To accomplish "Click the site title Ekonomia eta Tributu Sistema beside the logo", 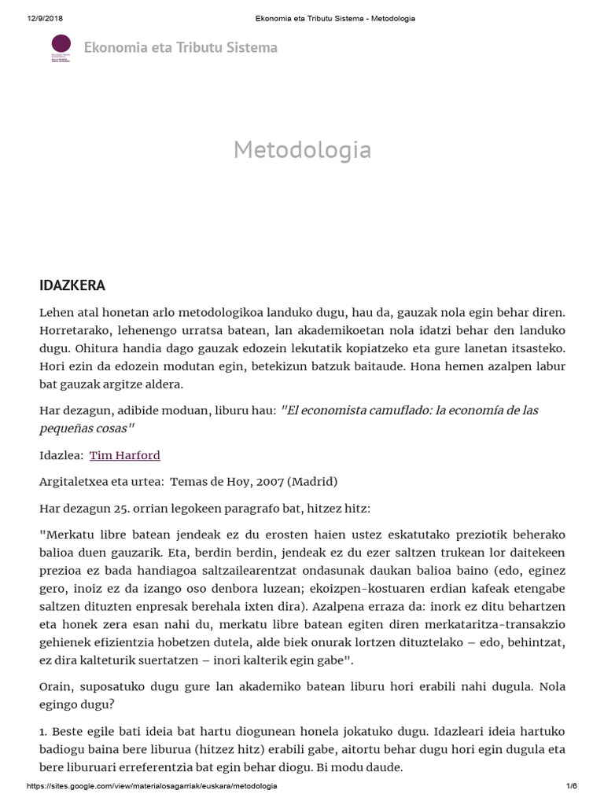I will click(x=180, y=48).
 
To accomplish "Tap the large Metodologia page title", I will click(x=302, y=149).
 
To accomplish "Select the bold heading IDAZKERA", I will click(x=72, y=285).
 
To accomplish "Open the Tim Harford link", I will click(x=125, y=455).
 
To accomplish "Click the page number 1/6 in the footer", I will click(x=572, y=786).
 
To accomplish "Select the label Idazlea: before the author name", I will click(x=61, y=455).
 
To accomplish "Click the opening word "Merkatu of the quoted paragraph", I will click(x=69, y=535).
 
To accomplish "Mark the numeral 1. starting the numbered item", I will click(x=44, y=730).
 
